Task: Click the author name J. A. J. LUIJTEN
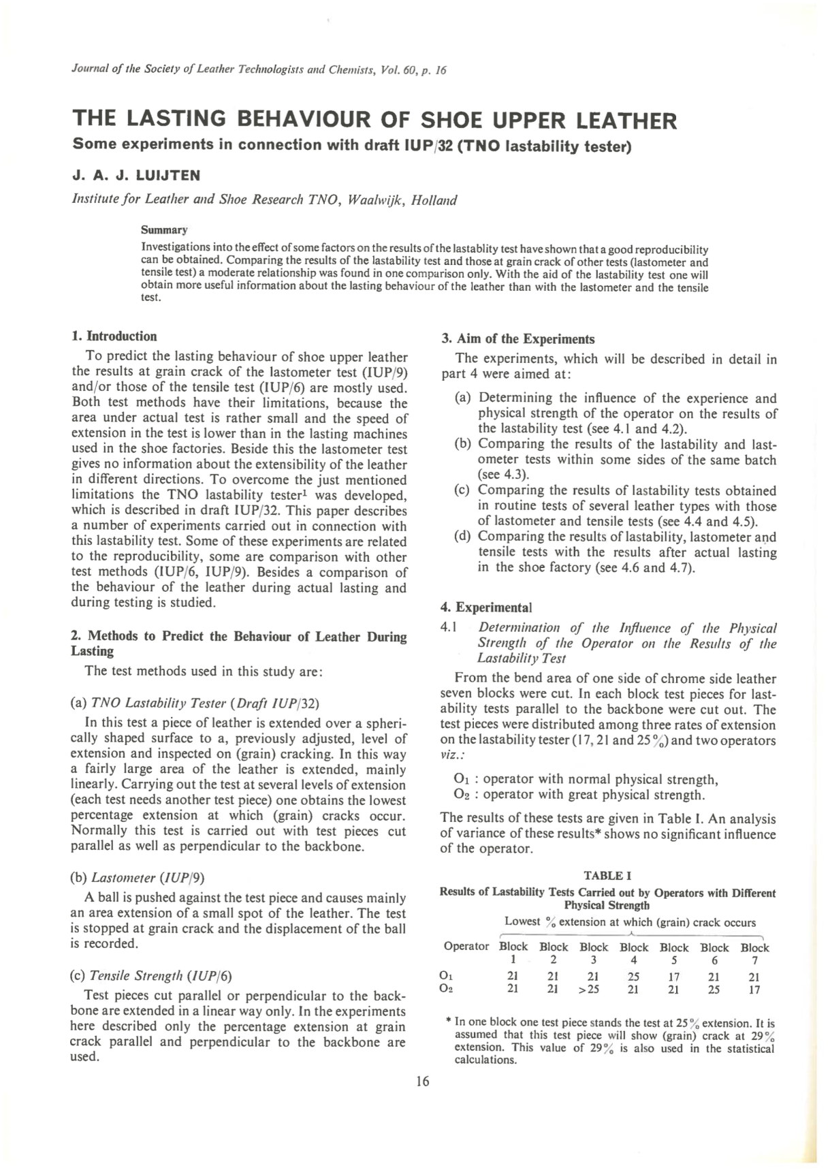tap(136, 175)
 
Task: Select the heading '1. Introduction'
tap(114, 336)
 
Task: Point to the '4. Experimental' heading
tap(486, 607)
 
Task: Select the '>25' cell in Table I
tap(592, 990)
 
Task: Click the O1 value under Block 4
tap(633, 976)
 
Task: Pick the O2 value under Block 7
tap(754, 990)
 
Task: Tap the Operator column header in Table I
tap(466, 947)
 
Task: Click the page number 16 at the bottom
tap(422, 1081)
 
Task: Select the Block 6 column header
tap(714, 953)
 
